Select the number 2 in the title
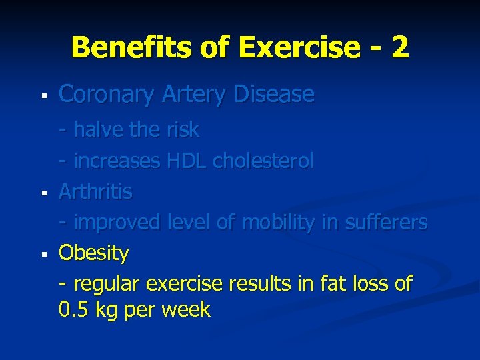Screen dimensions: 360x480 400,48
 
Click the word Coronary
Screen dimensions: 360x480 107,95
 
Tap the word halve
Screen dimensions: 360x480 98,129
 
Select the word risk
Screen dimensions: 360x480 181,129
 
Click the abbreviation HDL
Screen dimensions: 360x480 187,161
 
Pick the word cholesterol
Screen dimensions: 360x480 263,161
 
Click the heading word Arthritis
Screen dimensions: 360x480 95,191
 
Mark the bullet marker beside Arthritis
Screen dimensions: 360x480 43,193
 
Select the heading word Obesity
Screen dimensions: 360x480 93,253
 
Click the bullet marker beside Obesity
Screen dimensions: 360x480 43,254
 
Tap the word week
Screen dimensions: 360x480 187,310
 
